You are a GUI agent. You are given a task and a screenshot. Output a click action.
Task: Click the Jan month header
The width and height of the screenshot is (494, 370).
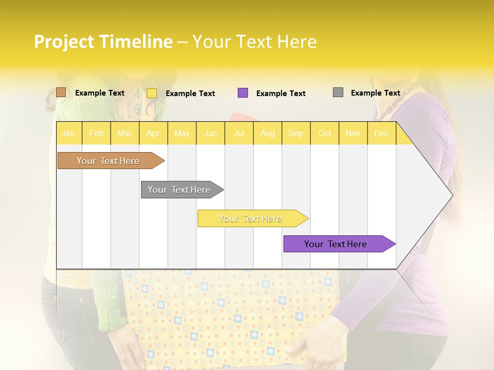point(68,133)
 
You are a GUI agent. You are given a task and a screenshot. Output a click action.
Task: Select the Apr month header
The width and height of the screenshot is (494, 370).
point(153,133)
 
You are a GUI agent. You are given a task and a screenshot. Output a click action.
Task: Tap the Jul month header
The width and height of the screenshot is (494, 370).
point(239,133)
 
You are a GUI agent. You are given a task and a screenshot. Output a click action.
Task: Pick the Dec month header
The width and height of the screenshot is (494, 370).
point(381,133)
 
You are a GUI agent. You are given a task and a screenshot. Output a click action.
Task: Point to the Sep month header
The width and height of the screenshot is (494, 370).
point(295,133)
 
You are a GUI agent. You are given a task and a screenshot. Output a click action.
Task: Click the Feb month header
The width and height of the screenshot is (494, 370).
point(96,133)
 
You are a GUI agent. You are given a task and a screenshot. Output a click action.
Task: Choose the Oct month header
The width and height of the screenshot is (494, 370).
point(325,133)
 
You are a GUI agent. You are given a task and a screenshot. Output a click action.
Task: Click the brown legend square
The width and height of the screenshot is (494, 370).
point(61,92)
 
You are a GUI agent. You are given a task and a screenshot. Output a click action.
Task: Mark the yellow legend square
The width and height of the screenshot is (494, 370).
point(152,93)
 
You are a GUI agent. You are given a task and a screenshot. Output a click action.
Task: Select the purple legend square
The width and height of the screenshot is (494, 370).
point(243,93)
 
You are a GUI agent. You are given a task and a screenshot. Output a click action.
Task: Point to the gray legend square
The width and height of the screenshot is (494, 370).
point(338,92)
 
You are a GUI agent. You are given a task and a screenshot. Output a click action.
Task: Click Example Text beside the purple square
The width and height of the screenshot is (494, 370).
point(280,94)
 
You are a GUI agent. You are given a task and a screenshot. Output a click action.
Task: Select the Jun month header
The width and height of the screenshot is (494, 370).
point(210,133)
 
